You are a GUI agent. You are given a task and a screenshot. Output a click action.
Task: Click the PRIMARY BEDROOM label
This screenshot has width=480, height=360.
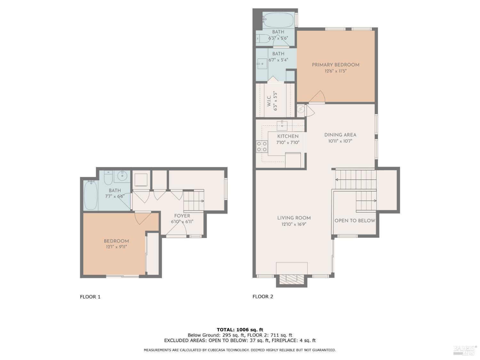click(335, 65)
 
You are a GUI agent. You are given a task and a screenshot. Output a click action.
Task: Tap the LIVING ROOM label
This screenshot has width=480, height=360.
click(294, 218)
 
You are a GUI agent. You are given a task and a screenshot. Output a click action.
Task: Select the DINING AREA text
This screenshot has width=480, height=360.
click(340, 135)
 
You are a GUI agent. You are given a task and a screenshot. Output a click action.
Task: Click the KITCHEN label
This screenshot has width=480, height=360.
click(288, 136)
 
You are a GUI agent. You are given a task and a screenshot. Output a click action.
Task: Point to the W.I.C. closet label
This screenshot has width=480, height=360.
click(269, 101)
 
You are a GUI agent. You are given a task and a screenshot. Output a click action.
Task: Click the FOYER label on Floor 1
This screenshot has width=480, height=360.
click(182, 216)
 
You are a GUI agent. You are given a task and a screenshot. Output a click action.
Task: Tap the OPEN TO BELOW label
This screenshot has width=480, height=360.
click(355, 220)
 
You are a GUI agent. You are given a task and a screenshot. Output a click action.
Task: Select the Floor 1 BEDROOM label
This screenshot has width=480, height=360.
click(116, 241)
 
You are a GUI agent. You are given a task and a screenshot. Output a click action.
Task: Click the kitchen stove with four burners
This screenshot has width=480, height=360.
click(261, 146)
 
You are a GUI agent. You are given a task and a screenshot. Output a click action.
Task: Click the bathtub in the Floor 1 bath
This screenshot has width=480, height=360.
click(91, 195)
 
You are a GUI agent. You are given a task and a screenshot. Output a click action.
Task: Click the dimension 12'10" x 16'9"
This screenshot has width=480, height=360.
click(294, 224)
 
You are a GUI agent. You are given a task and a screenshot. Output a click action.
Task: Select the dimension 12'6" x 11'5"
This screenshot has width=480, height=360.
click(335, 71)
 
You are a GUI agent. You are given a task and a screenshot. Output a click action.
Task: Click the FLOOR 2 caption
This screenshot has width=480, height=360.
click(263, 296)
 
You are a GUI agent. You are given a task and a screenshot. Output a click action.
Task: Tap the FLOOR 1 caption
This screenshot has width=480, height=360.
click(90, 297)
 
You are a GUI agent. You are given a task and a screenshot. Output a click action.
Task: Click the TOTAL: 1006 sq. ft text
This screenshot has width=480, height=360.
click(240, 330)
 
